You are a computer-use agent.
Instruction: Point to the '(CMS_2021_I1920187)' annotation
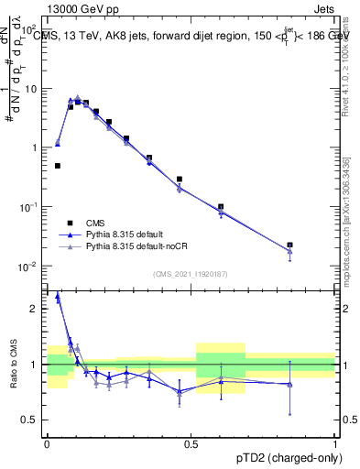pos(191,274)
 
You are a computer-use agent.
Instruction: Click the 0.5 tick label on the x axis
pos(191,443)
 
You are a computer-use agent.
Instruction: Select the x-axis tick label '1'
pos(335,443)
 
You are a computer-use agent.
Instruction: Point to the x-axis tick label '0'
pos(46,443)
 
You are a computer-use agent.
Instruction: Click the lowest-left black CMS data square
pos(58,166)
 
